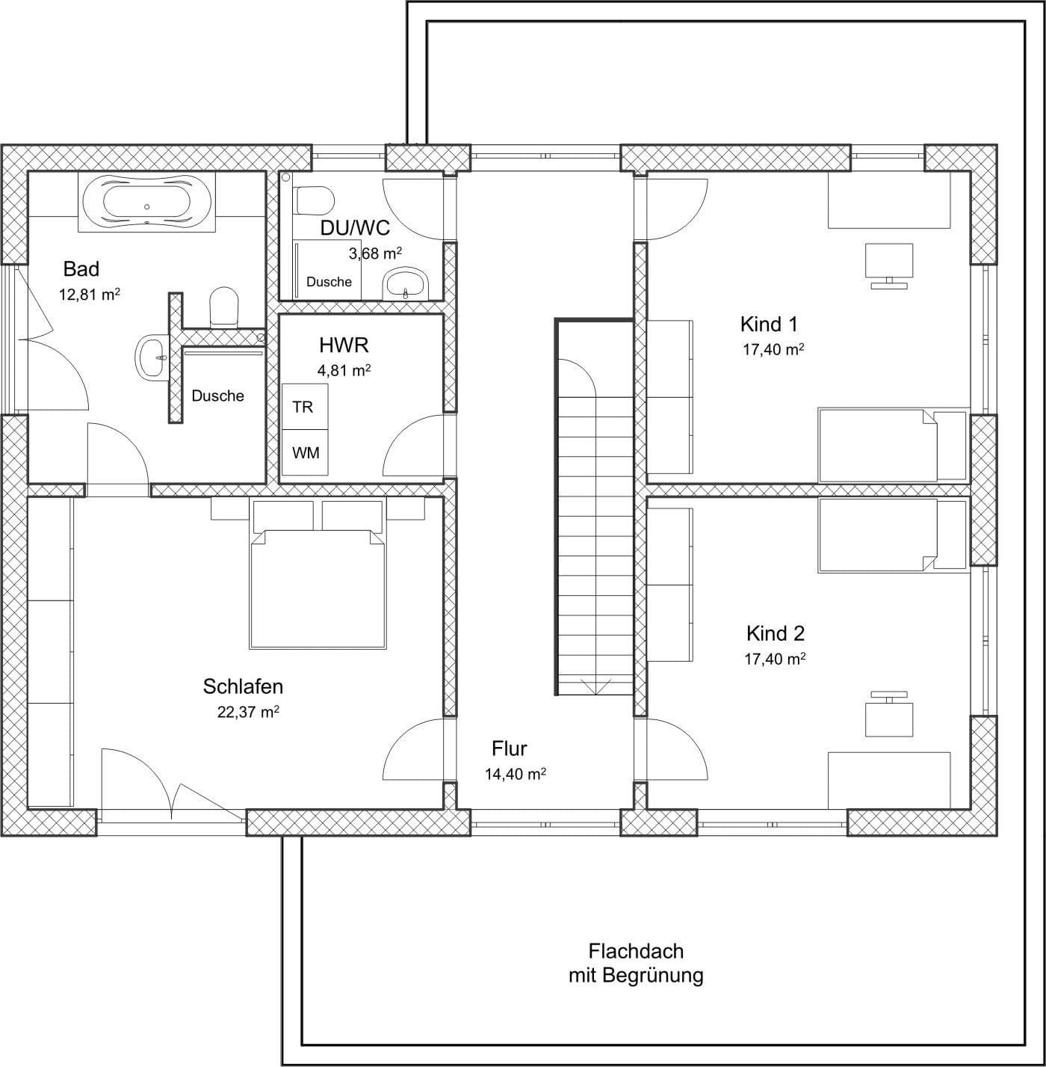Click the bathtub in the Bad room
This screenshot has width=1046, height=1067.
coord(146,200)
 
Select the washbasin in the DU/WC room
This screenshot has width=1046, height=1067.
coord(406,284)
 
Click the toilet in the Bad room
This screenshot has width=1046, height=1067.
coord(223,307)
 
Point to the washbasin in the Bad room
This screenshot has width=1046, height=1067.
coord(155,357)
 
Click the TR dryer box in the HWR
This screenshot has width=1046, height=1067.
coord(304,407)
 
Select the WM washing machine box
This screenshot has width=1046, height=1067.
coord(305,453)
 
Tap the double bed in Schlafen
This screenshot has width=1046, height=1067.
coord(318,587)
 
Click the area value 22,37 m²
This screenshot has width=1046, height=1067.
coord(248,712)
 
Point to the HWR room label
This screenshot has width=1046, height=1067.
coord(344,345)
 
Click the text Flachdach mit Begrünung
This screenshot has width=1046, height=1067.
coord(636,963)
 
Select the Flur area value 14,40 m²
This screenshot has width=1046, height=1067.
coord(516,775)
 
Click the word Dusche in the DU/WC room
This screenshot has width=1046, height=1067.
coord(329,282)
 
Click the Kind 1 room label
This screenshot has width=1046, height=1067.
coord(769,324)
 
